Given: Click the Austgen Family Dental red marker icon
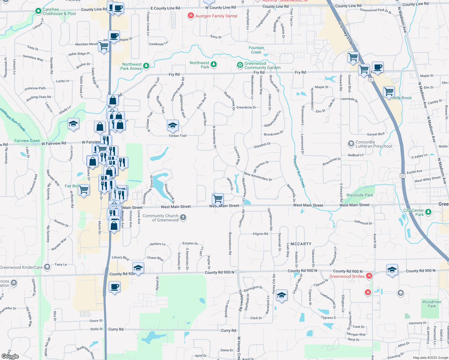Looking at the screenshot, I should pyautogui.click(x=191, y=16).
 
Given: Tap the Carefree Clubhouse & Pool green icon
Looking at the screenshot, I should pyautogui.click(x=38, y=11).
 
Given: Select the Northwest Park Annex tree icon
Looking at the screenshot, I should pyautogui.click(x=146, y=66).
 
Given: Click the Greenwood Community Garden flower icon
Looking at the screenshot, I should pyautogui.click(x=240, y=65).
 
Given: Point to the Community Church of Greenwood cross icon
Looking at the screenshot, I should pyautogui.click(x=183, y=217).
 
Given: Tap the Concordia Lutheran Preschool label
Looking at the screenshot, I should pyautogui.click(x=374, y=144).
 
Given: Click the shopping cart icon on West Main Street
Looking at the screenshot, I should pyautogui.click(x=218, y=198).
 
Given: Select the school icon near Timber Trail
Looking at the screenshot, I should pyautogui.click(x=173, y=125).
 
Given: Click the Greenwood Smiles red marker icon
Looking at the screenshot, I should pyautogui.click(x=369, y=276).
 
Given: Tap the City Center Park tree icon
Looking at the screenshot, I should pyautogui.click(x=428, y=212).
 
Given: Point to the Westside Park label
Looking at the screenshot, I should pyautogui.click(x=360, y=195).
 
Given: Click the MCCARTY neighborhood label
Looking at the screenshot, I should pyautogui.click(x=301, y=244).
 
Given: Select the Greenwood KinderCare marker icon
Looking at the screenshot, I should pyautogui.click(x=47, y=267).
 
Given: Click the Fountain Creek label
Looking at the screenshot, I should pyautogui.click(x=256, y=50).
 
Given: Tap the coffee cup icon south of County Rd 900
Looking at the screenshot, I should pyautogui.click(x=114, y=287).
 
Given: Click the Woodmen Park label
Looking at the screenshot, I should pyautogui.click(x=432, y=304).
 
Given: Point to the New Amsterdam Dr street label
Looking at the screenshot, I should pyautogui.click(x=258, y=177).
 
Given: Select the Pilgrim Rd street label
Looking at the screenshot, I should pyautogui.click(x=260, y=234).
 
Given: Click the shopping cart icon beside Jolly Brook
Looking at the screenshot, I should pyautogui.click(x=389, y=91).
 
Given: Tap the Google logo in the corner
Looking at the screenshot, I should pyautogui.click(x=10, y=356).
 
